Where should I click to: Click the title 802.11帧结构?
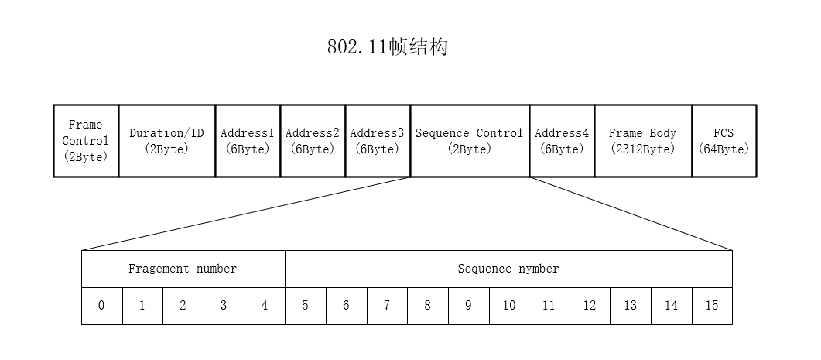(x=388, y=47)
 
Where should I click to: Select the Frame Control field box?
(x=86, y=141)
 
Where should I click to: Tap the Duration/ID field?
(x=167, y=141)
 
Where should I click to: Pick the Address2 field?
(x=313, y=141)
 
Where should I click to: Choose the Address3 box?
(x=378, y=141)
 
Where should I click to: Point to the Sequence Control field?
(x=470, y=141)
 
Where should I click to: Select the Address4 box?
(x=562, y=141)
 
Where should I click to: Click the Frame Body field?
(x=643, y=141)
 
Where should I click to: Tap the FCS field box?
(x=724, y=141)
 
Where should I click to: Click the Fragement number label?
(x=183, y=269)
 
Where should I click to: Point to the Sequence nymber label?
(x=508, y=269)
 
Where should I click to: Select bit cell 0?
(x=101, y=306)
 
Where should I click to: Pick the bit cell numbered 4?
(x=265, y=306)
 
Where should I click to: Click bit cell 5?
(x=306, y=306)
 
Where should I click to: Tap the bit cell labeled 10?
(x=509, y=306)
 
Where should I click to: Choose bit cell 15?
(x=712, y=306)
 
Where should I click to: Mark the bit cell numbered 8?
(x=427, y=306)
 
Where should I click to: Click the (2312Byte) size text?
(x=643, y=149)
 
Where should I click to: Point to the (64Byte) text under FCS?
(x=724, y=149)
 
